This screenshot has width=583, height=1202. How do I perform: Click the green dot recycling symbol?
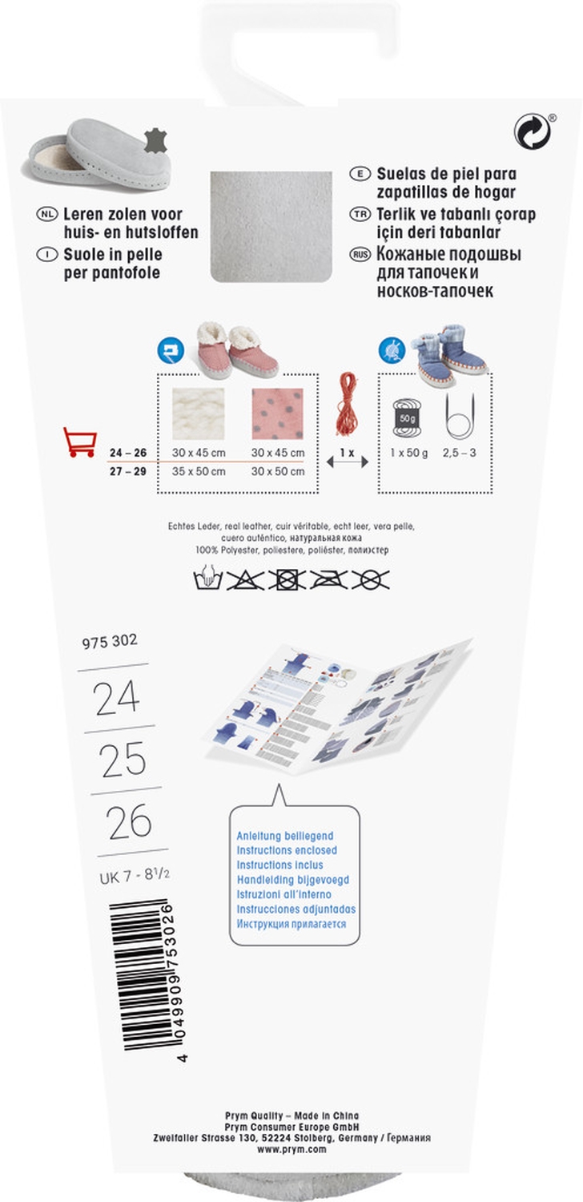tap(532, 131)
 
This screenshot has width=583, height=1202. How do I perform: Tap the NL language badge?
tap(46, 214)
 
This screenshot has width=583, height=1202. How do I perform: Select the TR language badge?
tap(360, 214)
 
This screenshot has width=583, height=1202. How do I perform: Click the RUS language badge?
tap(360, 254)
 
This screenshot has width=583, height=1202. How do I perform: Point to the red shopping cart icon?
tap(80, 442)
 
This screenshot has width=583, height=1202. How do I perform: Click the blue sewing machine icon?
tap(171, 351)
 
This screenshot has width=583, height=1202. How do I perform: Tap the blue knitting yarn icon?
tap(392, 351)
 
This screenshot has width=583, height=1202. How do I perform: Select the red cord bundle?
tap(347, 404)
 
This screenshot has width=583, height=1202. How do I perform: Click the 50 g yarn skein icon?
tap(407, 417)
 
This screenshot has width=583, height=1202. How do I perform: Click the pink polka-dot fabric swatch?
tap(277, 413)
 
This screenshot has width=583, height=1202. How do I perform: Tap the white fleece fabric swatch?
tap(198, 413)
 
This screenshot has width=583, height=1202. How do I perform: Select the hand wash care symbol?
tap(207, 579)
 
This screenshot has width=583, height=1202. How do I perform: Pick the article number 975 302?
tap(110, 641)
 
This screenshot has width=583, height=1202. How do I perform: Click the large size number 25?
tap(123, 760)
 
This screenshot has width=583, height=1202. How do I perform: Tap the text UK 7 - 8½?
tap(135, 876)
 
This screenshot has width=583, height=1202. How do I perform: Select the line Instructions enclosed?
tap(287, 850)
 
